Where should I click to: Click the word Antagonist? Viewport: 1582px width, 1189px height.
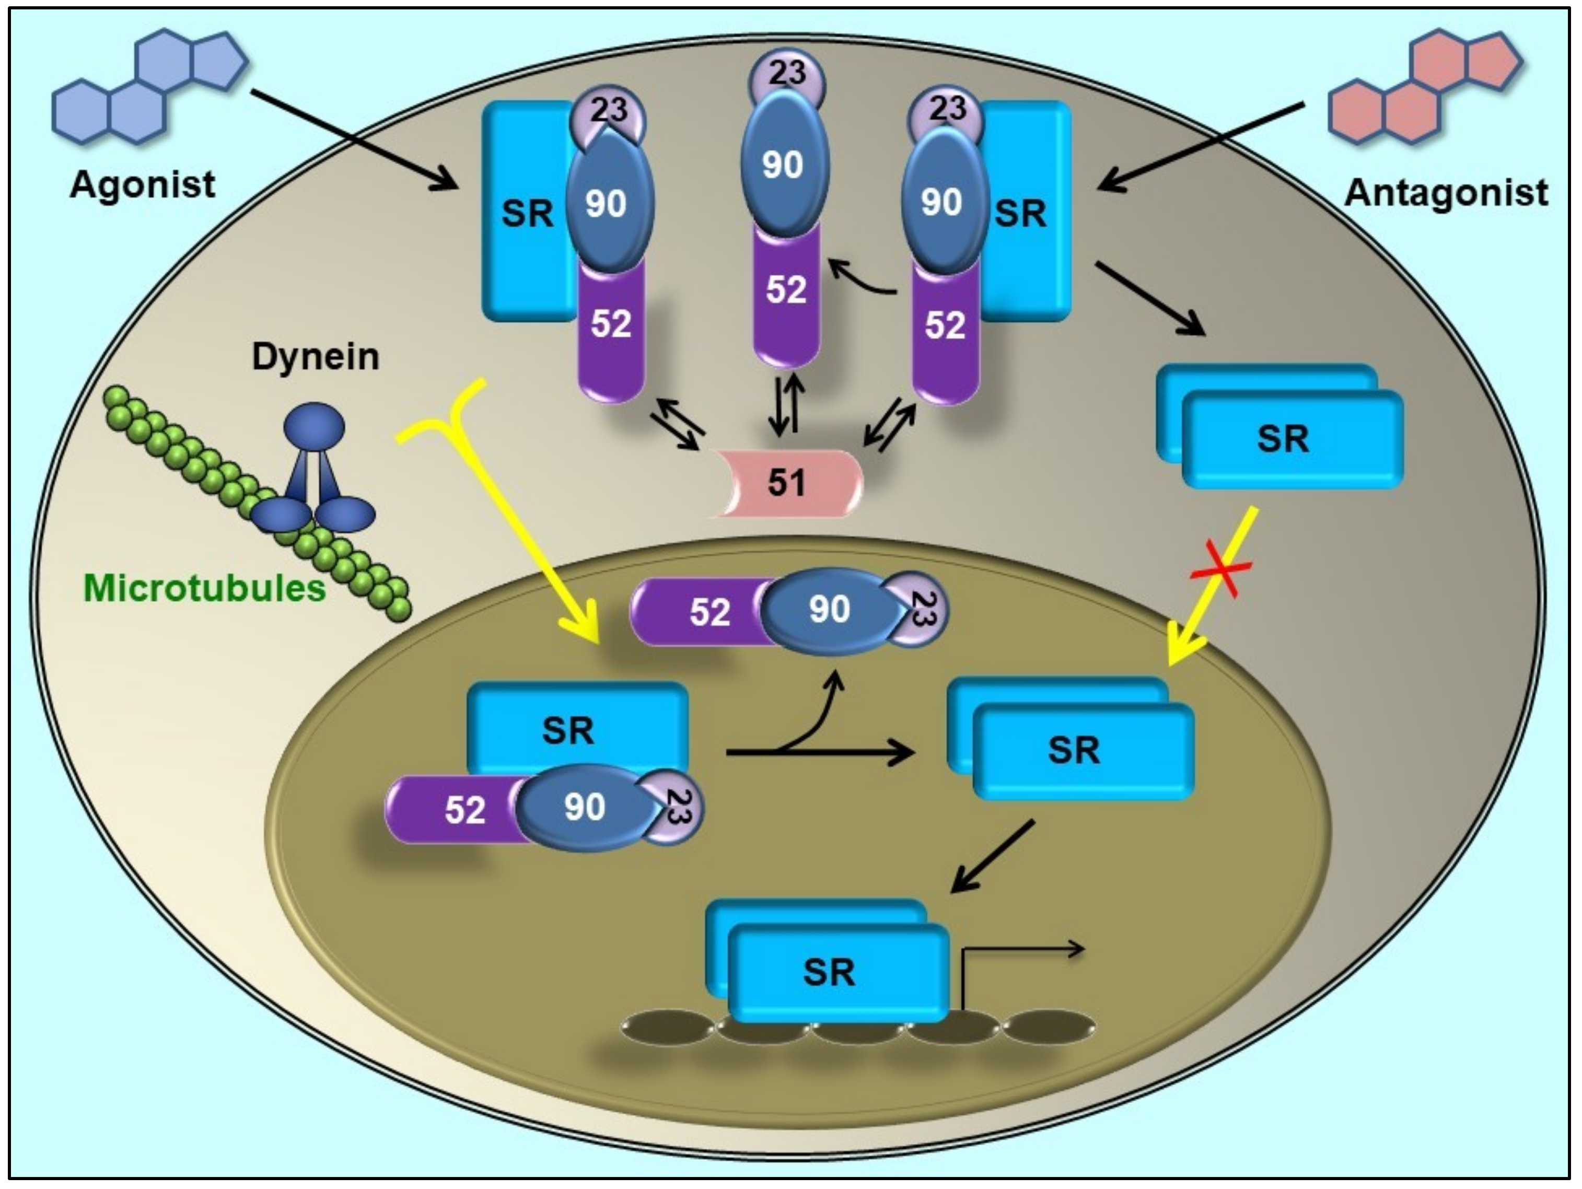coord(1446,192)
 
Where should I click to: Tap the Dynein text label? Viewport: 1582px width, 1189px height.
coord(316,356)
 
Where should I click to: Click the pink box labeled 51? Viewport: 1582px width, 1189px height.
coord(787,483)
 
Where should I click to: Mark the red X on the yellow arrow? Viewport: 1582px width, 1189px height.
coord(1221,569)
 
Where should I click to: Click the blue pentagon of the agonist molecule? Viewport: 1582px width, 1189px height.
coord(219,61)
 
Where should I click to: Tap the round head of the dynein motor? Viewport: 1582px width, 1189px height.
coord(314,427)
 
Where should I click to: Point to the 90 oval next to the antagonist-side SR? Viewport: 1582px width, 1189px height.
coord(941,202)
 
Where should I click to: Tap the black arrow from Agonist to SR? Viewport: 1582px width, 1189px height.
coord(354,140)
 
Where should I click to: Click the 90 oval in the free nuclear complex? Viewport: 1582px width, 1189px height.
coord(830,609)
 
